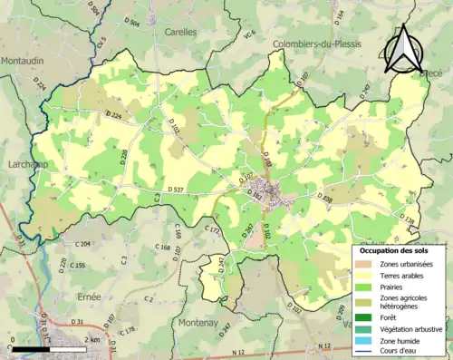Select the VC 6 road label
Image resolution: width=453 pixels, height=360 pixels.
247,60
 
